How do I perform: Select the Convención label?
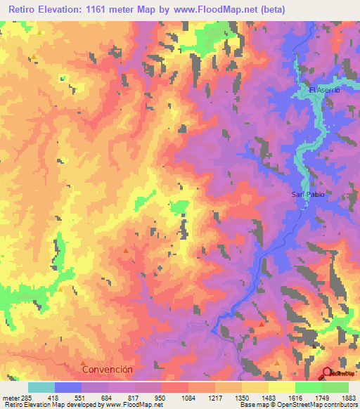pyautogui.click(x=107, y=369)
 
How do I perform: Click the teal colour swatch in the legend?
pyautogui.click(x=41, y=387)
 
